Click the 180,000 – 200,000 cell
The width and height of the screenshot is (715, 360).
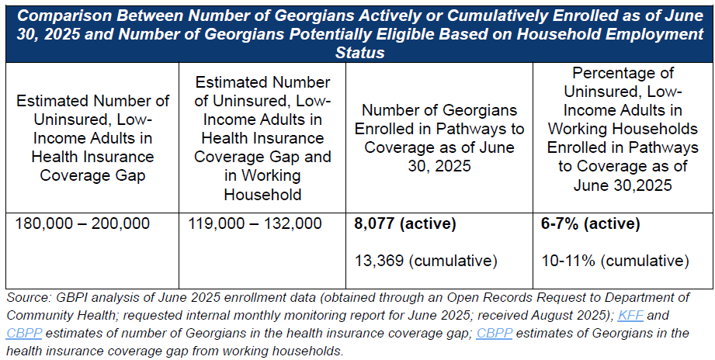84,225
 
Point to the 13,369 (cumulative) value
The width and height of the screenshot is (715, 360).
425,260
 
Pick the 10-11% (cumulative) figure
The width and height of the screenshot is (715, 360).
615,260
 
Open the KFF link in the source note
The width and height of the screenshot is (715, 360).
626,317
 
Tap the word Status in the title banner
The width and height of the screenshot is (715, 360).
359,53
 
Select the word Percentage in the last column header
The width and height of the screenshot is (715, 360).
623,73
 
